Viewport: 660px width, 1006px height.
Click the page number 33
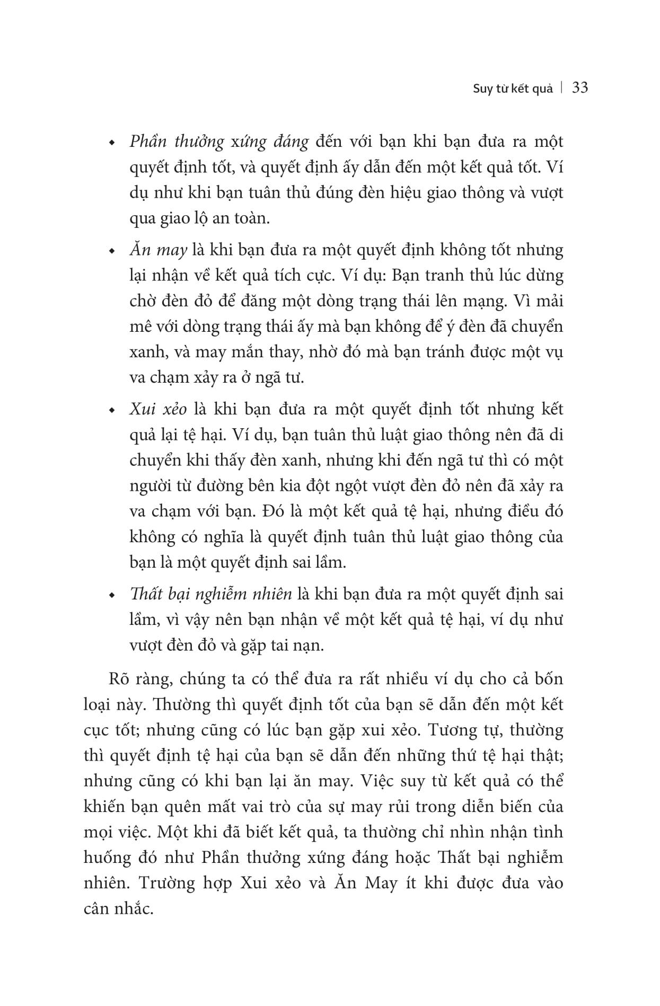click(580, 87)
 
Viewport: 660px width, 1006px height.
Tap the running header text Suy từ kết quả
click(513, 89)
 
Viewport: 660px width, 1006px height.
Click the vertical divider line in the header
click(562, 88)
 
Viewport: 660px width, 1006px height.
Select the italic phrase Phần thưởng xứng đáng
click(219, 142)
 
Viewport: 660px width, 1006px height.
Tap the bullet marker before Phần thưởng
click(111, 144)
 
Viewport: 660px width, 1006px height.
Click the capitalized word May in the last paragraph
click(377, 883)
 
